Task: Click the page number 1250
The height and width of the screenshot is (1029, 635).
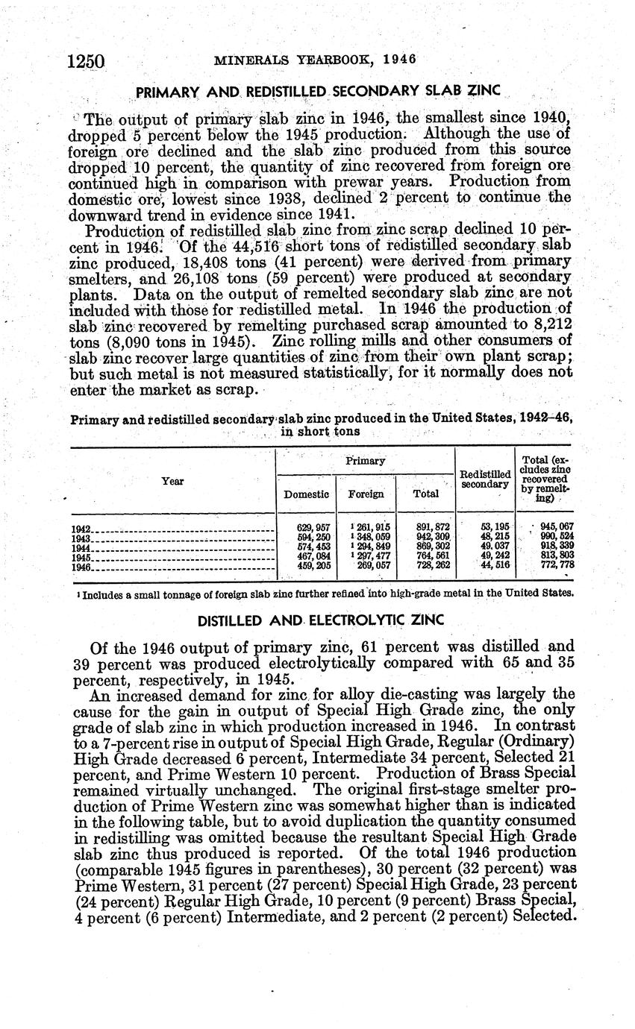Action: (x=88, y=61)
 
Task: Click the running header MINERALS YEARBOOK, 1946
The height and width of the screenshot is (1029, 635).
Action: (x=315, y=60)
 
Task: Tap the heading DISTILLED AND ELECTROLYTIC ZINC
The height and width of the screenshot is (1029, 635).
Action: (x=320, y=620)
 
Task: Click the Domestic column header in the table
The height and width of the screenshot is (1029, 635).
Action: (x=307, y=494)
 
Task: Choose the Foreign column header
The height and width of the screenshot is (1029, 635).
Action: (x=366, y=494)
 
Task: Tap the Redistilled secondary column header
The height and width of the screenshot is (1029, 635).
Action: (x=484, y=479)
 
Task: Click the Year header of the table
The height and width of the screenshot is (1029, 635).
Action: (x=172, y=482)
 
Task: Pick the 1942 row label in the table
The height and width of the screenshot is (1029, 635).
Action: (x=81, y=529)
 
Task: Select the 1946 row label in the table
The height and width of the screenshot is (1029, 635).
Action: (x=81, y=567)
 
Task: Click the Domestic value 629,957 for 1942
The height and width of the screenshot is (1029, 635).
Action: (x=313, y=528)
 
